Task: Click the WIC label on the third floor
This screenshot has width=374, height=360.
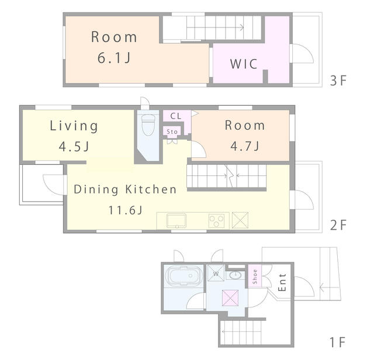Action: point(244,64)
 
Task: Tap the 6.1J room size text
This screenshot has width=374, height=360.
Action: point(114,58)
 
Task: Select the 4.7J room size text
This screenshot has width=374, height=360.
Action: point(245,146)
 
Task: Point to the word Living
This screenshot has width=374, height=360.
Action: point(74,126)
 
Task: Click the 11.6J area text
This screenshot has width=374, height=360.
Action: point(126,210)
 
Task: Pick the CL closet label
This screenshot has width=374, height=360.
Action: point(176,116)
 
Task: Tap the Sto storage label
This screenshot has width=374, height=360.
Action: point(172,131)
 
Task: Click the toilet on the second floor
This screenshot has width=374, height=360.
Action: point(148,124)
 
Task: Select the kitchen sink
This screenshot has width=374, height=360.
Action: point(176,220)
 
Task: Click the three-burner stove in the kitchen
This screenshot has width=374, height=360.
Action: point(216,221)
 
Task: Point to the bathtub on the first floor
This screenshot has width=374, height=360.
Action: point(184,276)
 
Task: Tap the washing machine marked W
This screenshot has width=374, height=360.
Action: point(216,273)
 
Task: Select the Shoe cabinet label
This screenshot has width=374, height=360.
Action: point(255,277)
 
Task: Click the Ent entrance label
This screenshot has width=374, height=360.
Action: point(282,282)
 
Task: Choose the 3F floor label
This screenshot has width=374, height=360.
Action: point(338,81)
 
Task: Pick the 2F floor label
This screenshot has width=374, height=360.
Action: point(338,225)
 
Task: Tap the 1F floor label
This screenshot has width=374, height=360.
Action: point(338,342)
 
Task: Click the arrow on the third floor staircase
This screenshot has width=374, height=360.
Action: point(215,27)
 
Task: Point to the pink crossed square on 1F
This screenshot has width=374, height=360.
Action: point(230,297)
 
